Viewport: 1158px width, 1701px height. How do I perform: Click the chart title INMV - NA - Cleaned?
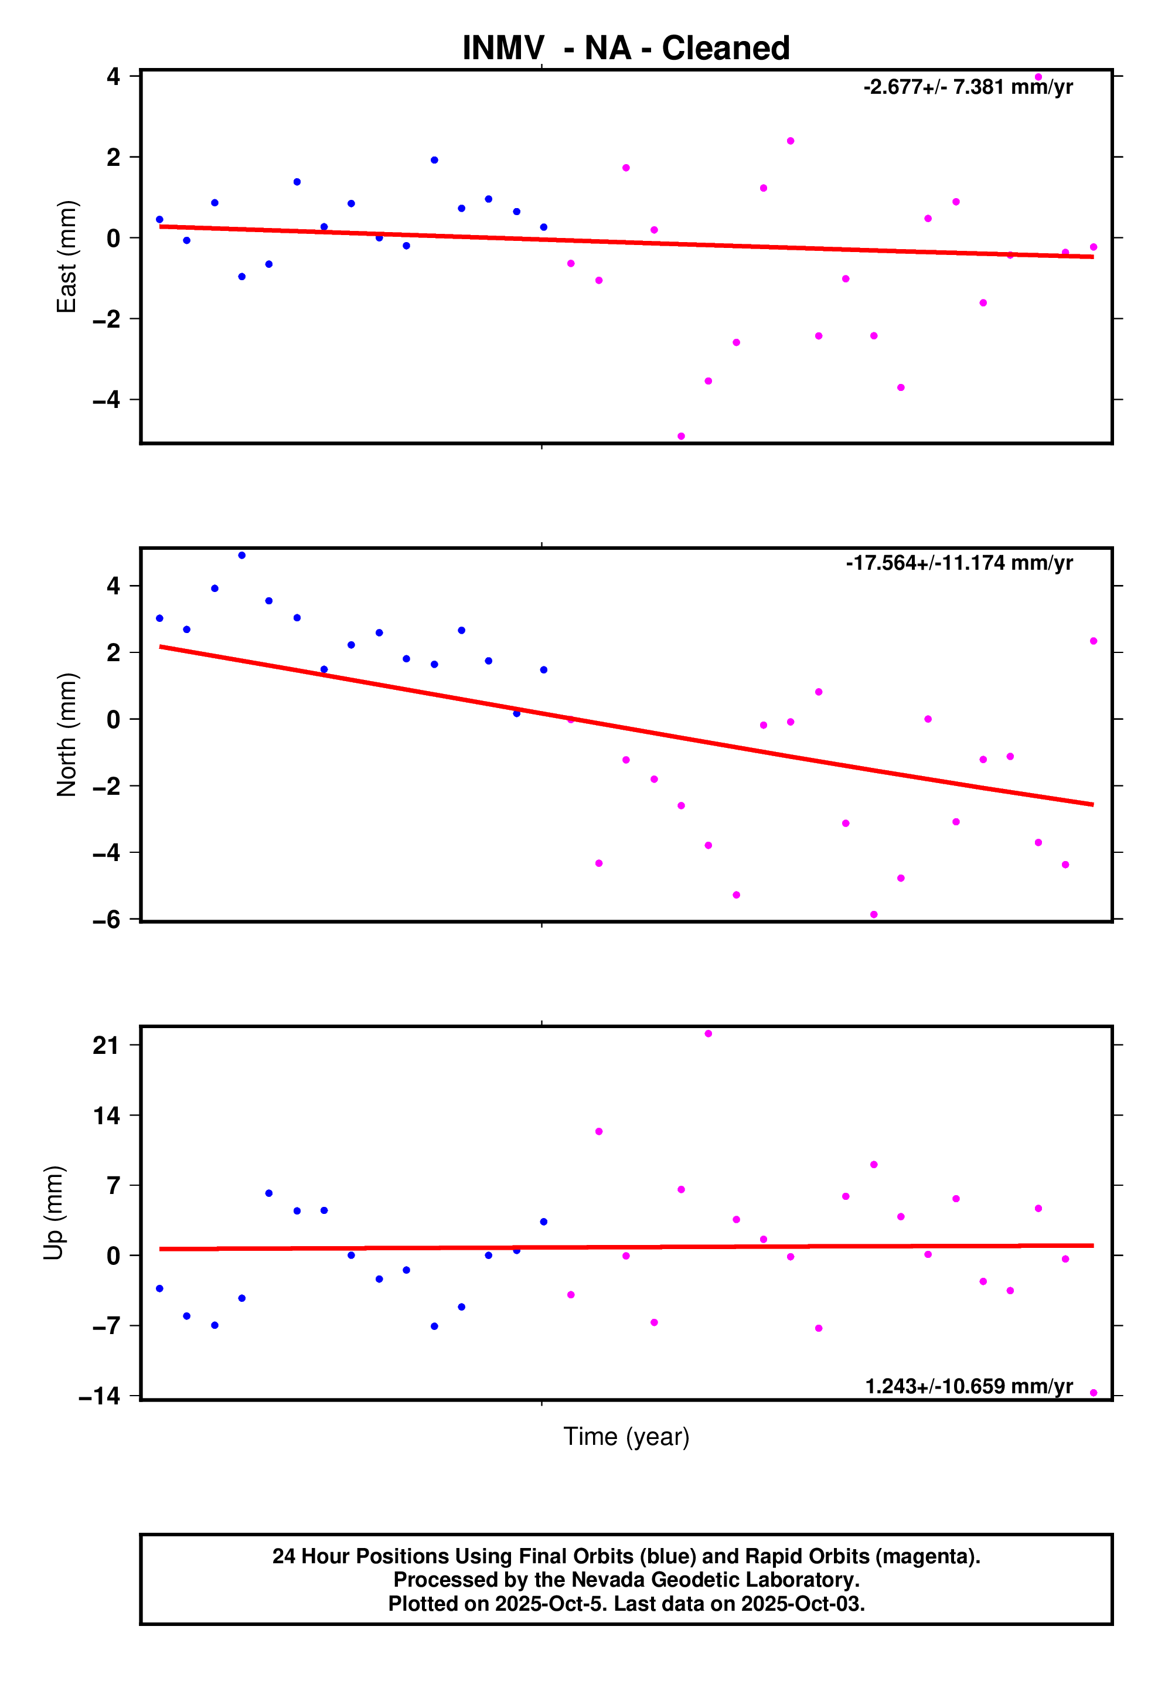[626, 48]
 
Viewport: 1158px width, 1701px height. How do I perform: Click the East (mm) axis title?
[67, 256]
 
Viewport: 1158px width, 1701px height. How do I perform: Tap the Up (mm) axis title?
[53, 1212]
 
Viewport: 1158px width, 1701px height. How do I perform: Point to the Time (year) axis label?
[626, 1436]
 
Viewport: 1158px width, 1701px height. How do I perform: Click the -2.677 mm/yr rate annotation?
[968, 87]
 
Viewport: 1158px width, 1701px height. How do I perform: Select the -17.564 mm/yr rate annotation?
[959, 563]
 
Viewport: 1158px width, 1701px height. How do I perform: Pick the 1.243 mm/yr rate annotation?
[968, 1386]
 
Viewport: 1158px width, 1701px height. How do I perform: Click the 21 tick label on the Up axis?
[106, 1045]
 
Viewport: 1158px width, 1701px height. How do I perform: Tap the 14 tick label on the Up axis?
[106, 1115]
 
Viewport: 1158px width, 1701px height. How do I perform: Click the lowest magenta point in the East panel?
[681, 436]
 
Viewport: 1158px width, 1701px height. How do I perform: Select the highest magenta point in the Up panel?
[708, 1033]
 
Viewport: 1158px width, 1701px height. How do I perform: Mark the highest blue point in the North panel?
[241, 556]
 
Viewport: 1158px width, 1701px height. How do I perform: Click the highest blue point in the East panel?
[434, 160]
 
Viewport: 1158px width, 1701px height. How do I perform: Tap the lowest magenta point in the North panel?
[873, 915]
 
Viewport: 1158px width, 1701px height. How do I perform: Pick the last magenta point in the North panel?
[1093, 641]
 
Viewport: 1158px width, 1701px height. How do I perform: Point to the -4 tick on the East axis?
[106, 400]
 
